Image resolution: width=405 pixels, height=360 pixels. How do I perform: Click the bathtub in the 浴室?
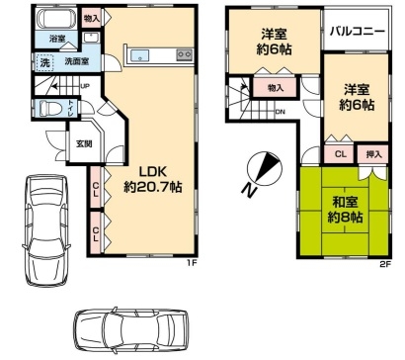pos(55,19)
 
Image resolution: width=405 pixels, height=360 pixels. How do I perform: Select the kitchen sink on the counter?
pos(139,55)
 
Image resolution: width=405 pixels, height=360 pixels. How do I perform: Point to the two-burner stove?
pos(185,54)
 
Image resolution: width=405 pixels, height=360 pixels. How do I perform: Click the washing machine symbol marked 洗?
pos(44,62)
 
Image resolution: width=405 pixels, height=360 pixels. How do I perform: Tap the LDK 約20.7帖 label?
pos(153,180)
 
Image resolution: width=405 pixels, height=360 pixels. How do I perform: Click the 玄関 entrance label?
pos(84,143)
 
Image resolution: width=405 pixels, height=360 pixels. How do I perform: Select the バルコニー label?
pos(358,32)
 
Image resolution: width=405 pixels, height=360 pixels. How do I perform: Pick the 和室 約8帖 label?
pos(345,210)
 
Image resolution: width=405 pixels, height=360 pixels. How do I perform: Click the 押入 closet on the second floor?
pos(374,154)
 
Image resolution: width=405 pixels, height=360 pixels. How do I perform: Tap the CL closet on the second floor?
pos(341,154)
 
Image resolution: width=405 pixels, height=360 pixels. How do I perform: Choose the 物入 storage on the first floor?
pos(92,18)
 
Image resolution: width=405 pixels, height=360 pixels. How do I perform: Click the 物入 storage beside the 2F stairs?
pos(276,88)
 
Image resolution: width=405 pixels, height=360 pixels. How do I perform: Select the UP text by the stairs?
pos(85,86)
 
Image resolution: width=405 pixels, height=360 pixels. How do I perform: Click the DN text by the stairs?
pos(281,112)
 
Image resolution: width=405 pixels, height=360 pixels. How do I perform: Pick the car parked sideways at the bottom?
pos(131,330)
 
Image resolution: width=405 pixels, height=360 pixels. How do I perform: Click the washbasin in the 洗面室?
pos(90,38)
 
